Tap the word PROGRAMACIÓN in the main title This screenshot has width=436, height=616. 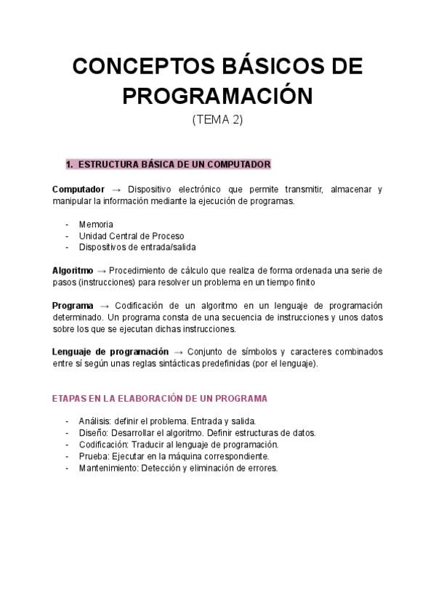point(217,95)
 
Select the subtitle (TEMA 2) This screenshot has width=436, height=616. point(217,120)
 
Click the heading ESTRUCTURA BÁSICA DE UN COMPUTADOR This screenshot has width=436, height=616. point(174,165)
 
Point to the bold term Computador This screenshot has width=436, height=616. point(78,189)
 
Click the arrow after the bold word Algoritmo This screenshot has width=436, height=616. point(101,270)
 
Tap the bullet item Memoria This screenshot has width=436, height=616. point(96,224)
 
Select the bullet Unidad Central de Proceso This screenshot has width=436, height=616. point(131,236)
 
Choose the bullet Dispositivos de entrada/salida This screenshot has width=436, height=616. point(137,247)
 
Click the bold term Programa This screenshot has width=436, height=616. point(73,306)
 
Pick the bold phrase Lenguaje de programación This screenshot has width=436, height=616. point(110,352)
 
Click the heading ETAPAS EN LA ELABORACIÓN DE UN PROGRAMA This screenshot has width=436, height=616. point(160,399)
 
